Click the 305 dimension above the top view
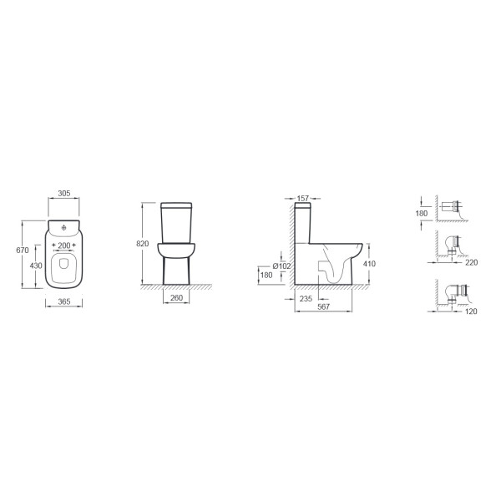pyautogui.click(x=64, y=194)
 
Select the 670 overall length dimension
pyautogui.click(x=23, y=250)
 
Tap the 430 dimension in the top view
pyautogui.click(x=36, y=266)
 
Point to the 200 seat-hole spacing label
pyautogui.click(x=64, y=245)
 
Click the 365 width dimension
pyautogui.click(x=64, y=301)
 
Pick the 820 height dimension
pyautogui.click(x=143, y=244)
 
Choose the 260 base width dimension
pyautogui.click(x=176, y=298)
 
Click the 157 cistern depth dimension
pyautogui.click(x=302, y=199)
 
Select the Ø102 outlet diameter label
pyautogui.click(x=281, y=266)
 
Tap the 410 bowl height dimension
pyautogui.click(x=369, y=264)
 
